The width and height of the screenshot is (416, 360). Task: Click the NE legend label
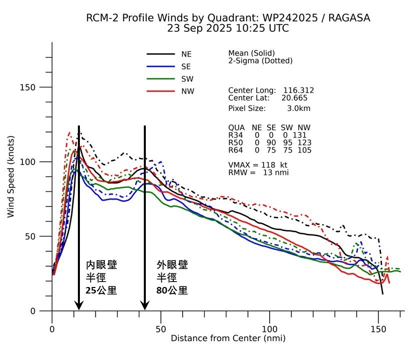click(186, 54)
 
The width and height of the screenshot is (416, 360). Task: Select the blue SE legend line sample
click(160, 66)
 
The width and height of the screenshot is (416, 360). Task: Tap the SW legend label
click(187, 79)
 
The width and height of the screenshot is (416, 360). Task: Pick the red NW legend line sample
click(160, 91)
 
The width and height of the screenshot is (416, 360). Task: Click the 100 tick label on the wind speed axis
click(31, 162)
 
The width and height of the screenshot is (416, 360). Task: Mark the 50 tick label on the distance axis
click(161, 329)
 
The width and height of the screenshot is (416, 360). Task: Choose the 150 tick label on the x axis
click(379, 329)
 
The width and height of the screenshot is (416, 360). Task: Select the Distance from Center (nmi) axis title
click(228, 338)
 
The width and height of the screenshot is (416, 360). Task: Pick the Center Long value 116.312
click(299, 90)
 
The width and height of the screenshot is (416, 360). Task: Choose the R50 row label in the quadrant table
click(235, 142)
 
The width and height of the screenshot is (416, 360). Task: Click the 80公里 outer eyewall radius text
click(172, 290)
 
